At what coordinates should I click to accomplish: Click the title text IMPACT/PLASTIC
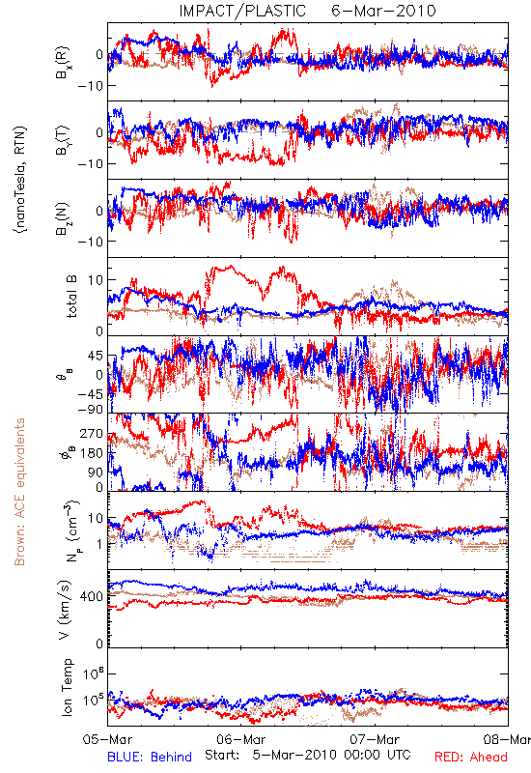click(242, 11)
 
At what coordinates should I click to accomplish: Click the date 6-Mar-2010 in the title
click(383, 11)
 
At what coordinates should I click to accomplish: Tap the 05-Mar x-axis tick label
click(107, 739)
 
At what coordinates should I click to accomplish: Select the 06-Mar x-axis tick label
click(241, 739)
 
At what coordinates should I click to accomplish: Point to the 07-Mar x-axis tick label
click(375, 739)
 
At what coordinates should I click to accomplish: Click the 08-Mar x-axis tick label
click(508, 739)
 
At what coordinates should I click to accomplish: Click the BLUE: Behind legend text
click(150, 757)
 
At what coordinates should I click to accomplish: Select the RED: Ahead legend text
click(470, 757)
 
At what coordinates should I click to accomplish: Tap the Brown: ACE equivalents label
click(19, 492)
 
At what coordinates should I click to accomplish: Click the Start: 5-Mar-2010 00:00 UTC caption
click(308, 755)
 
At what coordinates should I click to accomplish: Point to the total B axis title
click(71, 297)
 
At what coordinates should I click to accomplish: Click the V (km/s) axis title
click(66, 610)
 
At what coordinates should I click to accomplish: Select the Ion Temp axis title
click(68, 687)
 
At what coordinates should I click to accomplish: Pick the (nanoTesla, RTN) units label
click(20, 180)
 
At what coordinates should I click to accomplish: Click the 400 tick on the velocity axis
click(92, 596)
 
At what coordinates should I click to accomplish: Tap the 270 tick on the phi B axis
click(92, 434)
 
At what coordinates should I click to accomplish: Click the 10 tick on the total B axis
click(96, 280)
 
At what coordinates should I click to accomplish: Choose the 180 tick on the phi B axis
click(92, 453)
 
